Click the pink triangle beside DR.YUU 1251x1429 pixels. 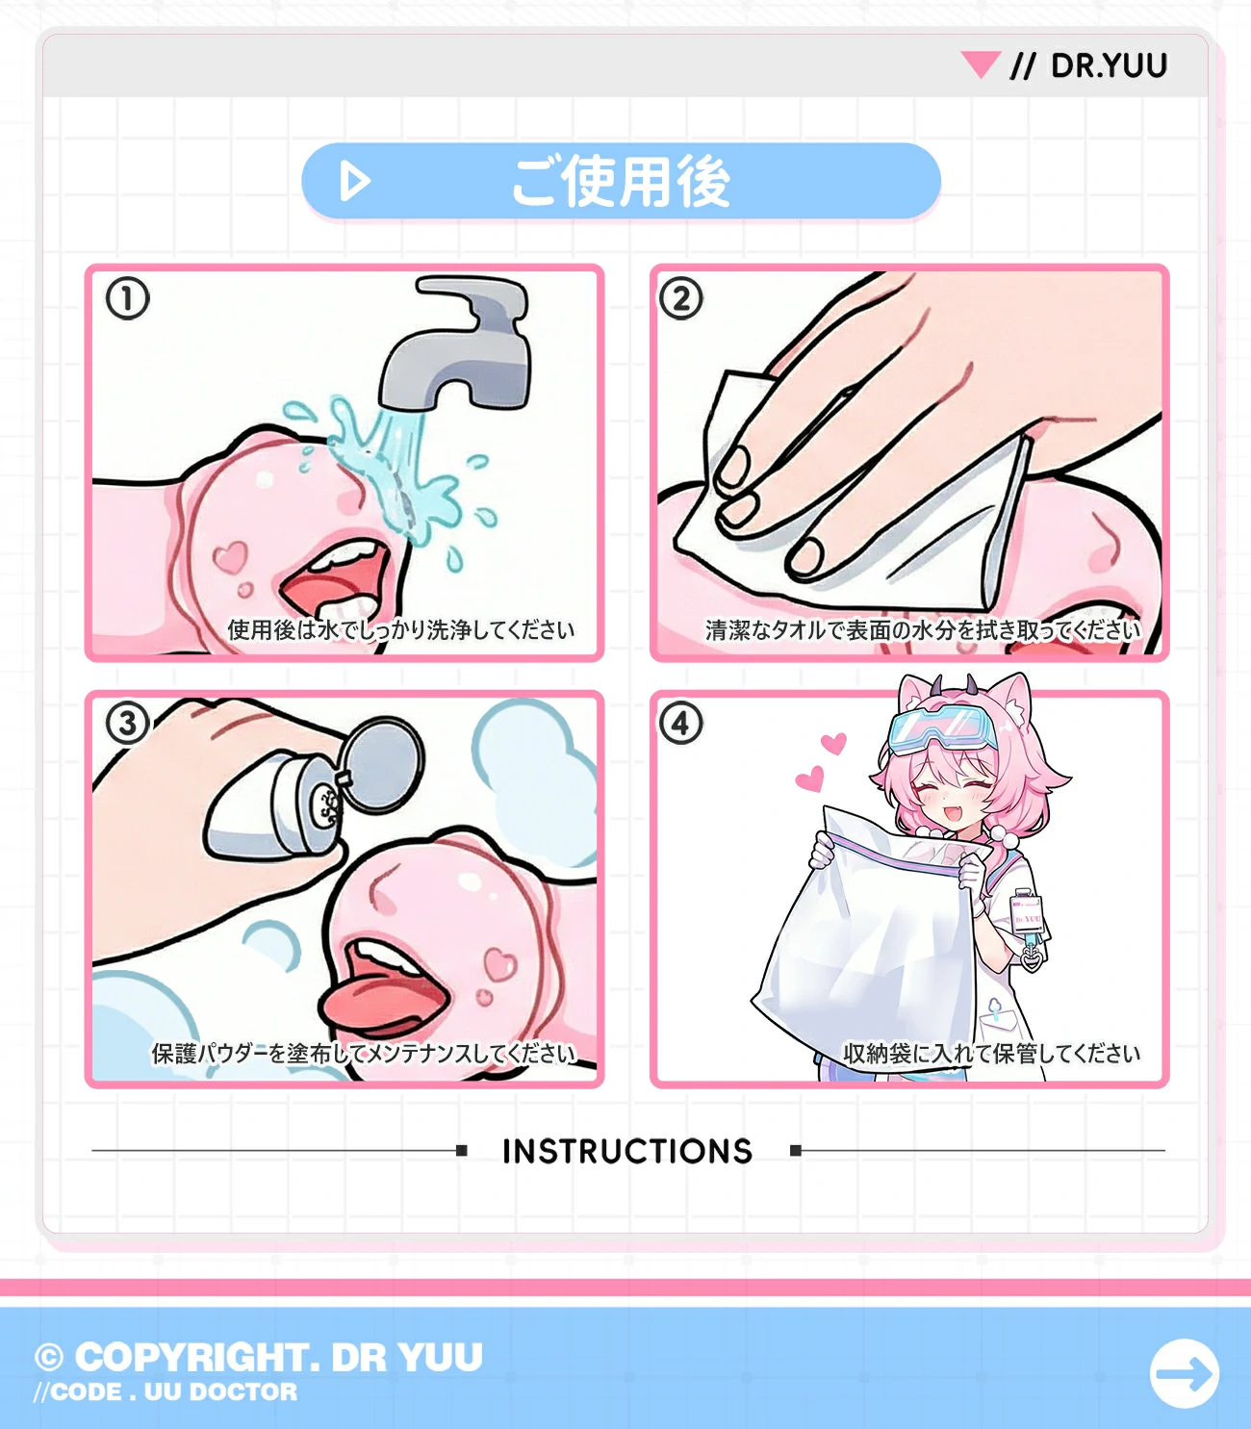[981, 63]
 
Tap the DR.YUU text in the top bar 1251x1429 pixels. [1109, 65]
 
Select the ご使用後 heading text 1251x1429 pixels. [621, 182]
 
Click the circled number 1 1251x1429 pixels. [127, 298]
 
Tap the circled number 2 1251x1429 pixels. [681, 298]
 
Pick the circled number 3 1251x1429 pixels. [127, 723]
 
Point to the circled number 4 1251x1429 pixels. [681, 723]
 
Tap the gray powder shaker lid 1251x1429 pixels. [381, 765]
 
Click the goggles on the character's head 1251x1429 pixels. [944, 727]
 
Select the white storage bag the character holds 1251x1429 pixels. [866, 922]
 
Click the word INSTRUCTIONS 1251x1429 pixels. [627, 1152]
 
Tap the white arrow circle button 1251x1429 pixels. [1184, 1373]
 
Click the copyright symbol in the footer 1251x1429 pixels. [49, 1358]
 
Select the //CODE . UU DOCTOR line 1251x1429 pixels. [166, 1392]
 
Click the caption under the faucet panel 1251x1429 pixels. [401, 630]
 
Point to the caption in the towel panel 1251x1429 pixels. [923, 630]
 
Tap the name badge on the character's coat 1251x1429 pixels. [1026, 913]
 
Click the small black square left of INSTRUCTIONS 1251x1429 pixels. [461, 1150]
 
